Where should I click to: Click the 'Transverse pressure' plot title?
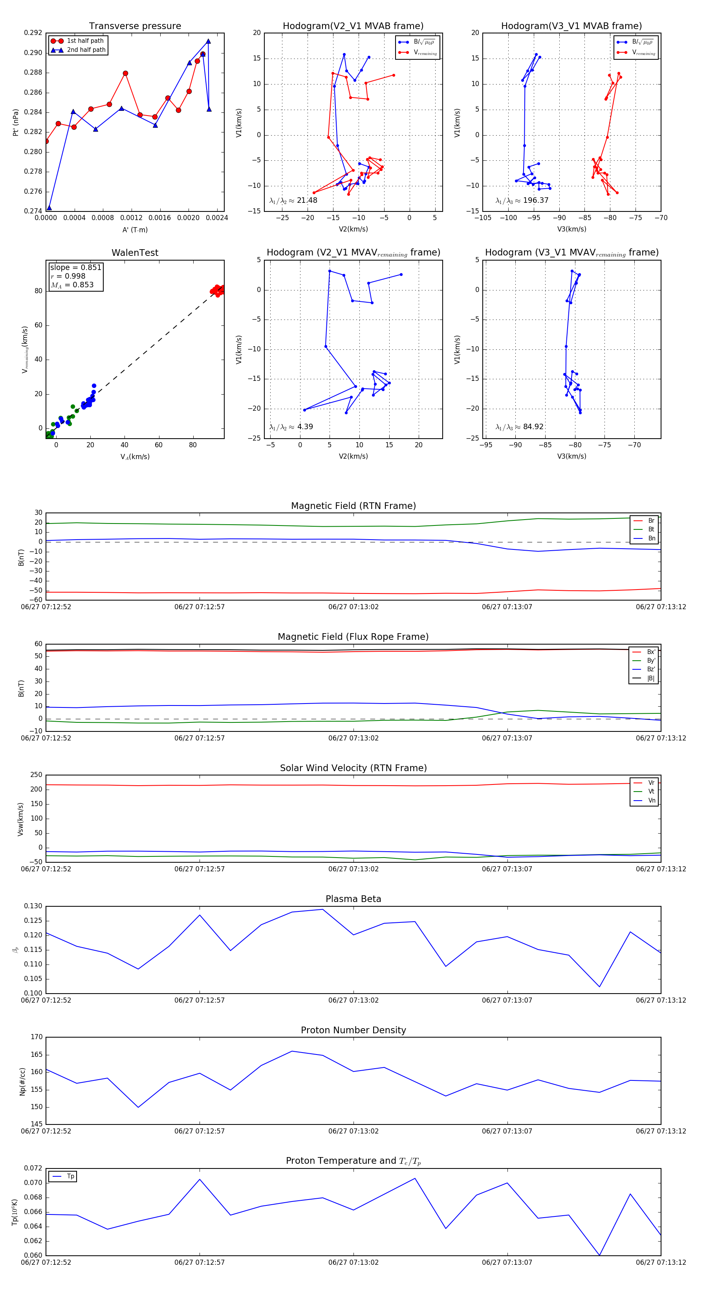pyautogui.click(x=135, y=26)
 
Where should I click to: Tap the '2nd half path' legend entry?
pyautogui.click(x=86, y=50)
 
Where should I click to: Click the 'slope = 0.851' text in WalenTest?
pyautogui.click(x=75, y=267)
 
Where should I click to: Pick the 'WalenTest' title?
pyautogui.click(x=135, y=253)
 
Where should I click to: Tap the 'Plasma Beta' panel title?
pyautogui.click(x=353, y=899)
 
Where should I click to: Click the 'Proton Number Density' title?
pyautogui.click(x=353, y=1030)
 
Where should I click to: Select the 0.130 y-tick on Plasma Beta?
pyautogui.click(x=33, y=906)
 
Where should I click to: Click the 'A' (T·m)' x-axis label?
pyautogui.click(x=135, y=230)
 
